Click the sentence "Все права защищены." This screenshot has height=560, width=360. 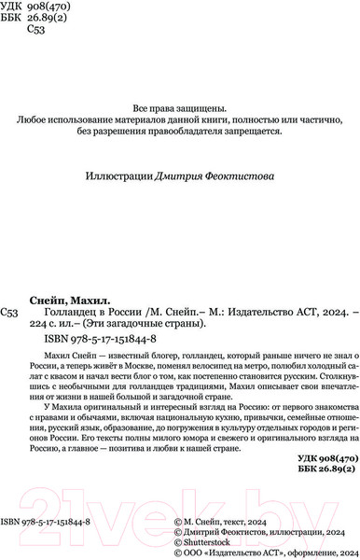point(180,106)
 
